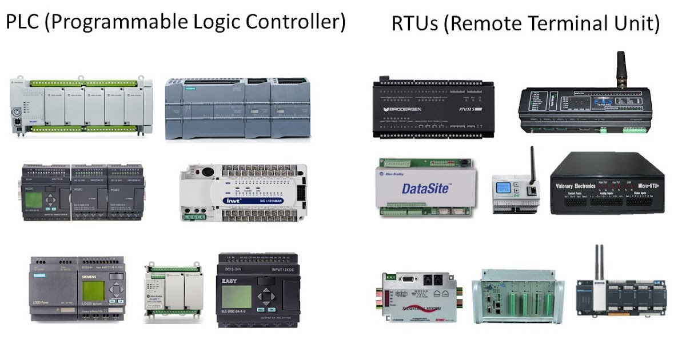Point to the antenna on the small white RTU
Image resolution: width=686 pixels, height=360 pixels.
[x=531, y=162]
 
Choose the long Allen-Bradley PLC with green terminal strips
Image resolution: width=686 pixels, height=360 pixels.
[x=80, y=106]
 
